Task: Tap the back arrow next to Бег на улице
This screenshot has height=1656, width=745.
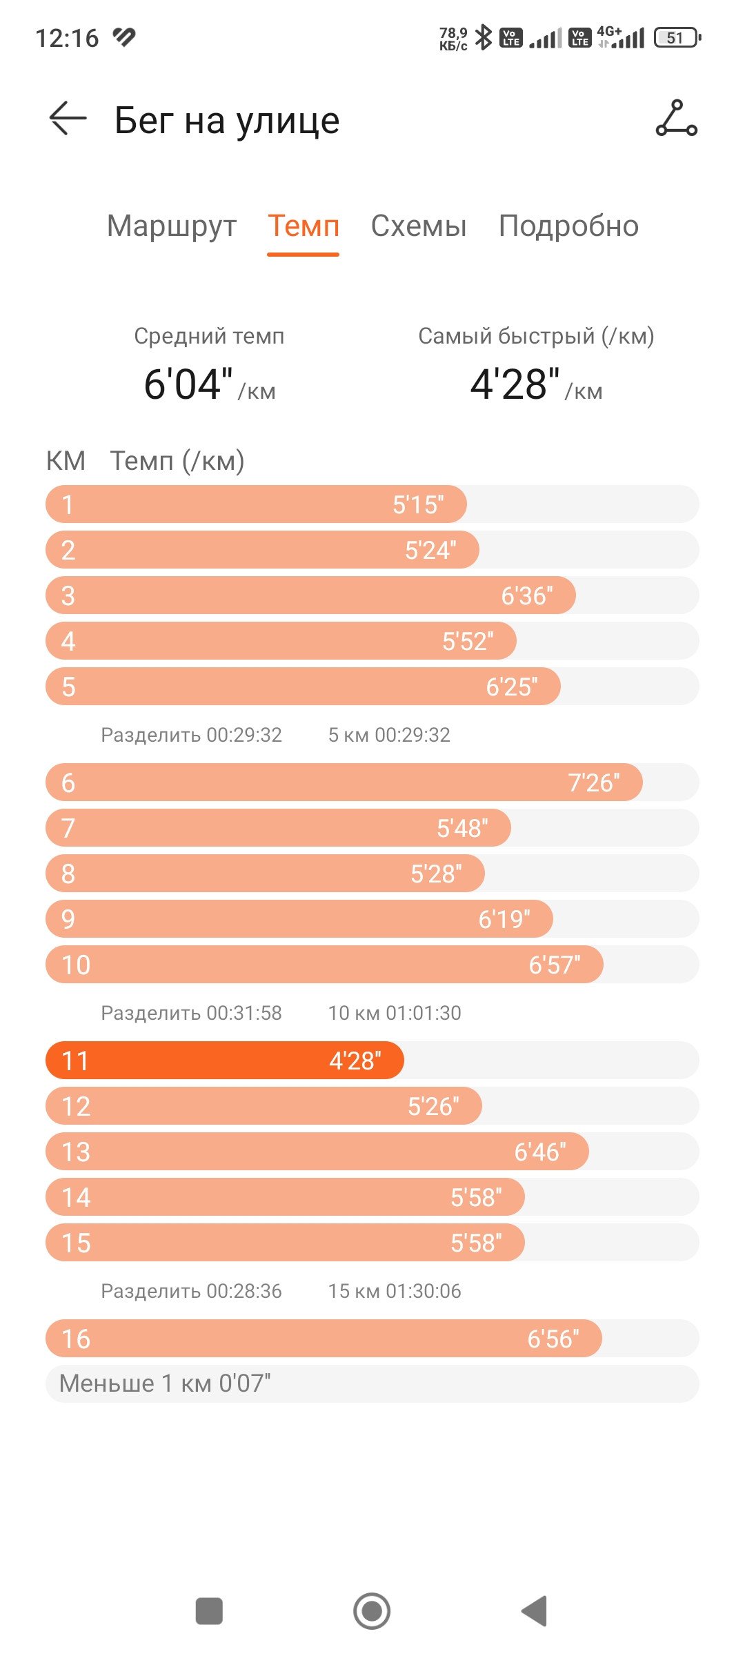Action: point(68,119)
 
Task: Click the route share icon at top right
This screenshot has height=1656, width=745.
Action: point(676,119)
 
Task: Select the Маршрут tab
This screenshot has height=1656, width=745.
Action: point(172,226)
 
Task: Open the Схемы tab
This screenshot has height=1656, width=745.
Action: point(419,226)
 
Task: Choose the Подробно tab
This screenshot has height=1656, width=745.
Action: point(569,226)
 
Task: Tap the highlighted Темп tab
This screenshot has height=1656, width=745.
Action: point(304,226)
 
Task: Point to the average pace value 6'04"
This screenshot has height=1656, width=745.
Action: point(188,384)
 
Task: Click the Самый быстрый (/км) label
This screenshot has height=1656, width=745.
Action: point(536,336)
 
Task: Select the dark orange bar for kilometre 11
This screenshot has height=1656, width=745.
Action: point(225,1061)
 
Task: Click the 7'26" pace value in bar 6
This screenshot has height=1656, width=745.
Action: point(594,782)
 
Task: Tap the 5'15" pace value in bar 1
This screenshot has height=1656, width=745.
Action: point(419,504)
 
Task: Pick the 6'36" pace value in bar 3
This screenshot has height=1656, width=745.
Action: point(527,595)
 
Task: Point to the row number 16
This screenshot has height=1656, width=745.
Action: point(76,1339)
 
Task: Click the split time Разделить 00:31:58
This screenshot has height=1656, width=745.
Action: point(191,1013)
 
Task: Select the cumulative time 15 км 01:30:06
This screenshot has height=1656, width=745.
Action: point(395,1291)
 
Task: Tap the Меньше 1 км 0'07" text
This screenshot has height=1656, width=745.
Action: point(165,1383)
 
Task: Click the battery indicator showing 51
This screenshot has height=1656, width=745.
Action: point(677,38)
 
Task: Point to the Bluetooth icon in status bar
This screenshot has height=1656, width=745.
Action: point(484,37)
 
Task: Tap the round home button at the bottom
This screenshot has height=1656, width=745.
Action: point(372,1611)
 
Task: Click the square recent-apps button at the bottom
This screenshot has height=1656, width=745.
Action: point(209,1611)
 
